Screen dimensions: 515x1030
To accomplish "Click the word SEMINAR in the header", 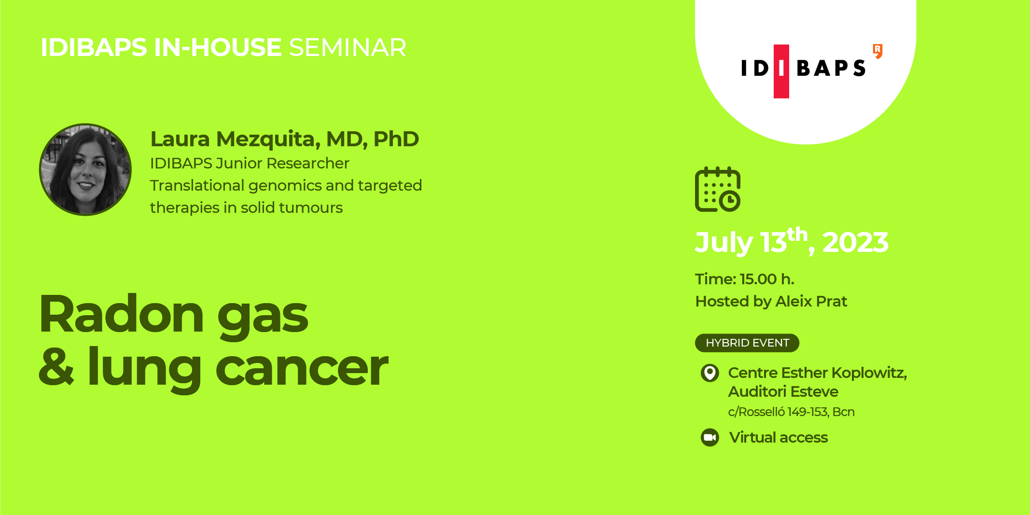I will click(x=348, y=48).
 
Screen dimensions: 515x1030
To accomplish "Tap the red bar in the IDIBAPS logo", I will click(x=781, y=71).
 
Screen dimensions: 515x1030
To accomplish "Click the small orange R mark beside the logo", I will click(x=877, y=51).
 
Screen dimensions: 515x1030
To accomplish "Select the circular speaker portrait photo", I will click(x=85, y=169).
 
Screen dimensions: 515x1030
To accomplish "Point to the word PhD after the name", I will click(x=396, y=139).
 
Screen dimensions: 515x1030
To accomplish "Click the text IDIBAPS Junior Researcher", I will click(x=249, y=164).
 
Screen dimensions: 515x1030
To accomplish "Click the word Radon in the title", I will click(x=122, y=315).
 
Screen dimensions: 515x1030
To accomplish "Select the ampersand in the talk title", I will click(x=56, y=367).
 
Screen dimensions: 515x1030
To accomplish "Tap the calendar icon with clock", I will click(x=717, y=189).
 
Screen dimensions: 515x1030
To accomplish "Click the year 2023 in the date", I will click(x=855, y=242).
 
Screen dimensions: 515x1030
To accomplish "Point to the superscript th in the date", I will click(x=797, y=235).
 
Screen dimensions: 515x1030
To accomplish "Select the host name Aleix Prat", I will click(x=811, y=301).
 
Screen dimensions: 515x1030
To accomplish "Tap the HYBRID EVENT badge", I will click(x=747, y=343).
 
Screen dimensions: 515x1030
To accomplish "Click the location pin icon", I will click(x=710, y=373).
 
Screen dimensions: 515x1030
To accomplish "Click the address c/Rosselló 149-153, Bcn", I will click(x=791, y=412).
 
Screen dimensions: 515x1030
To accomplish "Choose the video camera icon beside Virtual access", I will click(x=710, y=437).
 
